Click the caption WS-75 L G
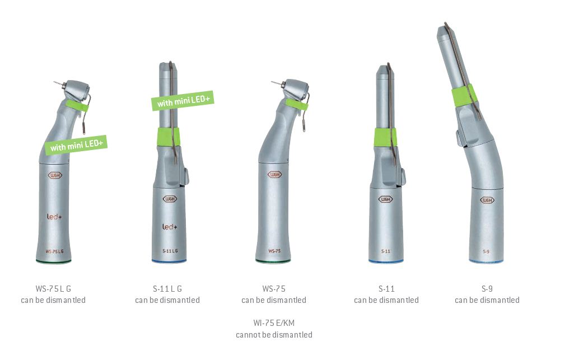(53, 289)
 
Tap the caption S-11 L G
(167, 289)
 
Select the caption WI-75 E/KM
(274, 322)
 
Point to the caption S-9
(487, 289)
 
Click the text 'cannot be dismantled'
(274, 335)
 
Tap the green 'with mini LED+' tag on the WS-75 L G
(76, 146)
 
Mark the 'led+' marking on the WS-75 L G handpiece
(54, 215)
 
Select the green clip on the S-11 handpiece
(386, 137)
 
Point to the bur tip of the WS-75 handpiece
(273, 83)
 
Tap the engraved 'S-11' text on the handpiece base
(386, 251)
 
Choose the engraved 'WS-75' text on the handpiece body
(274, 251)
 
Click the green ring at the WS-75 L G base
(53, 261)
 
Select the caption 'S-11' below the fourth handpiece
(386, 289)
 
